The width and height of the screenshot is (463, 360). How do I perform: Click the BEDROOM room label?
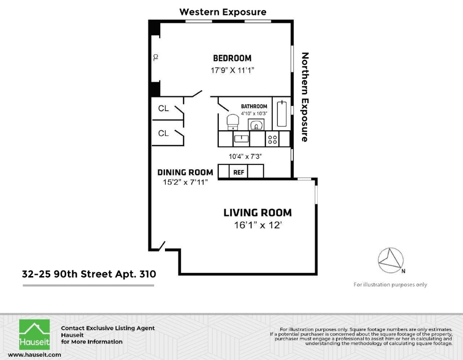pyautogui.click(x=232, y=58)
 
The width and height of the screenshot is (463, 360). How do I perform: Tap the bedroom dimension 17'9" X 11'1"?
pyautogui.click(x=232, y=70)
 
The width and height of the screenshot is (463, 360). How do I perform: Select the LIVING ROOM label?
pyautogui.click(x=257, y=213)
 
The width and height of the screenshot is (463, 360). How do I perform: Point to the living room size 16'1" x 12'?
pyautogui.click(x=257, y=225)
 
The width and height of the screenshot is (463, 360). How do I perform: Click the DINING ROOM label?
pyautogui.click(x=185, y=172)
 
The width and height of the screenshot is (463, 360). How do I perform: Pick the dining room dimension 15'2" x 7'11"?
pyautogui.click(x=185, y=182)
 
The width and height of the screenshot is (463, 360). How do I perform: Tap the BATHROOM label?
pyautogui.click(x=254, y=106)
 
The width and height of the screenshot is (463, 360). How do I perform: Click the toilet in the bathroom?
pyautogui.click(x=233, y=122)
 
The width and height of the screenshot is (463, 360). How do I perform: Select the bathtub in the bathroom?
pyautogui.click(x=282, y=114)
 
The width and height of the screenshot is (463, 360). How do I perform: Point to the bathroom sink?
pyautogui.click(x=256, y=125)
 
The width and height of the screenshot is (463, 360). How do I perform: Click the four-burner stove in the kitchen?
pyautogui.click(x=272, y=139)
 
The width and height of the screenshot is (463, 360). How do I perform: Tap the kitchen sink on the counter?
pyautogui.click(x=241, y=139)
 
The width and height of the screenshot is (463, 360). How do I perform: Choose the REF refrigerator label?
pyautogui.click(x=239, y=172)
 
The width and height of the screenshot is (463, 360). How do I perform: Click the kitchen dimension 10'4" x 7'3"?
pyautogui.click(x=245, y=157)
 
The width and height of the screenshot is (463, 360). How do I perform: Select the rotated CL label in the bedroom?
pyautogui.click(x=156, y=57)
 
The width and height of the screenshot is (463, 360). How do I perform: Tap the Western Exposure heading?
pyautogui.click(x=223, y=12)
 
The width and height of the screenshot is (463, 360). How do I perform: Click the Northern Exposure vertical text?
pyautogui.click(x=305, y=97)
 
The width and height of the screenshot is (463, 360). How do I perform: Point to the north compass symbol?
pyautogui.click(x=391, y=261)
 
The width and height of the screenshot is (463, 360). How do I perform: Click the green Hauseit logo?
pyautogui.click(x=35, y=335)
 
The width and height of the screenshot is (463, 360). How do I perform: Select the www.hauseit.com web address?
pyautogui.click(x=35, y=355)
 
